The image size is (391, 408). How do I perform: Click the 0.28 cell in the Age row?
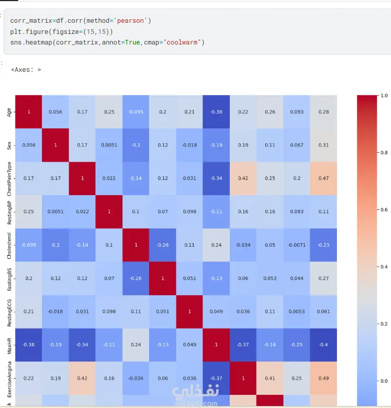[323, 112]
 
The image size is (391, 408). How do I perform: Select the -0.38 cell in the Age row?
[216, 112]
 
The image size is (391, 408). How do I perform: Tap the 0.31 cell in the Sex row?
[323, 145]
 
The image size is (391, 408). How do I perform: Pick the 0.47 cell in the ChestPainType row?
[323, 178]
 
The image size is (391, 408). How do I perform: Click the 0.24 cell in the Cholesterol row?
[216, 245]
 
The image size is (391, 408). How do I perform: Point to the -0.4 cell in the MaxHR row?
[323, 345]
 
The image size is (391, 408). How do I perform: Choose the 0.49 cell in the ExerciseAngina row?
[323, 378]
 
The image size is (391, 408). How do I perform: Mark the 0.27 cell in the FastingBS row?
[323, 279]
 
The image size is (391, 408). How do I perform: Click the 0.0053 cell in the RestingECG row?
[297, 311]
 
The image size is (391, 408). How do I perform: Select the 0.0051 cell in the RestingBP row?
[55, 212]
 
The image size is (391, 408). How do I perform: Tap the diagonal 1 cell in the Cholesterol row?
[136, 245]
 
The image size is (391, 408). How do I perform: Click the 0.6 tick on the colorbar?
[384, 209]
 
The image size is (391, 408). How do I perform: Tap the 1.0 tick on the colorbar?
[384, 95]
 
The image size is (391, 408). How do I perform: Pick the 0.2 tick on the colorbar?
[384, 324]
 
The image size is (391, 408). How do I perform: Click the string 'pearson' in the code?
[131, 21]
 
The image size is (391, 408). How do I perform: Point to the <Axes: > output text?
[26, 70]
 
